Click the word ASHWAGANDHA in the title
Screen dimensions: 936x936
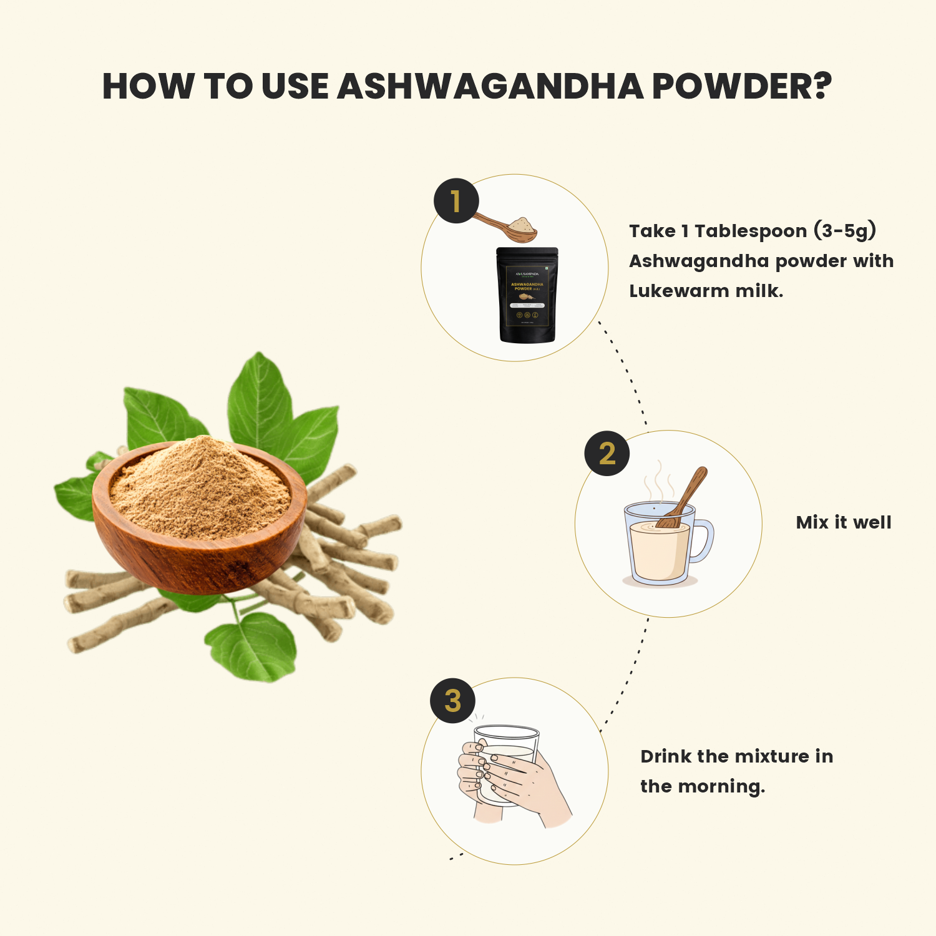click(x=490, y=86)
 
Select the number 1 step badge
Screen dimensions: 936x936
click(x=456, y=201)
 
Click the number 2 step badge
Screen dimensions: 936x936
click(x=607, y=454)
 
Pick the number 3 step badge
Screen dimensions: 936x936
click(x=453, y=701)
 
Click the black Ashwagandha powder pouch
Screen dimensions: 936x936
click(x=527, y=295)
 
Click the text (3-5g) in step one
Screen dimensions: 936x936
click(x=845, y=231)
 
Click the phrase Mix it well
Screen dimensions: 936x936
click(x=844, y=522)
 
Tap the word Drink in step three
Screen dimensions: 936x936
click(x=666, y=756)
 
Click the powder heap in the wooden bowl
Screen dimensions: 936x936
click(x=200, y=487)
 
